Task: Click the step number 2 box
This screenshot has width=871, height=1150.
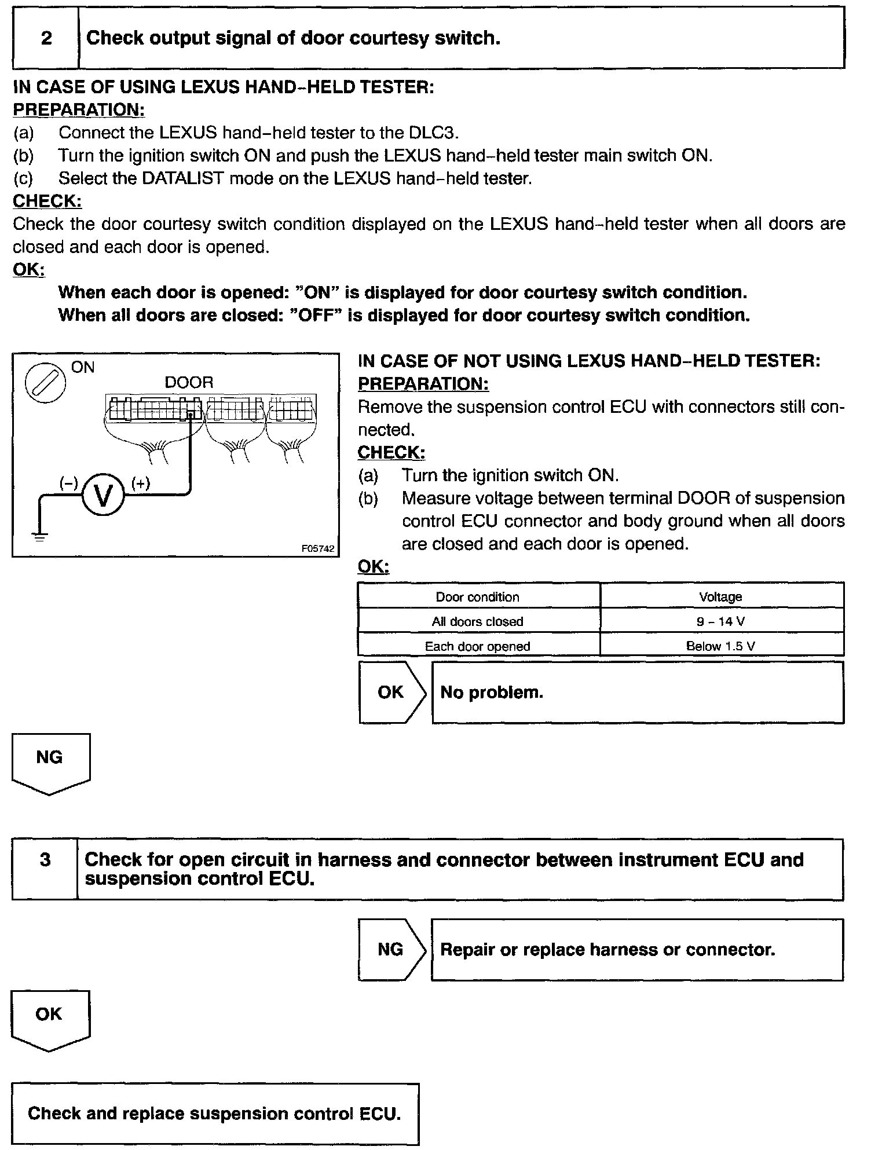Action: pos(46,38)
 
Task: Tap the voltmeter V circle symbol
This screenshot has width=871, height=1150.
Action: pos(103,496)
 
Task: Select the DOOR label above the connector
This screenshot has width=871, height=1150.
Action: pos(189,382)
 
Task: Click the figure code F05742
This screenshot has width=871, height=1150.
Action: pos(317,548)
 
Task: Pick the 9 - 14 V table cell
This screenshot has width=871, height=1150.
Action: pos(721,621)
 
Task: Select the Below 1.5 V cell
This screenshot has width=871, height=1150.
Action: pos(721,646)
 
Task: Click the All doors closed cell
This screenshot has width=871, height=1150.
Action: pos(478,621)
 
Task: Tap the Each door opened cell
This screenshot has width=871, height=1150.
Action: pos(478,646)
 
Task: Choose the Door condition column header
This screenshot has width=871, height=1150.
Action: pos(478,596)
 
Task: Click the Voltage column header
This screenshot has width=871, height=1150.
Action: pos(721,596)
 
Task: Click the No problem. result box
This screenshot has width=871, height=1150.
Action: pos(637,693)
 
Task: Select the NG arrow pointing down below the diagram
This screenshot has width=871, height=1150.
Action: pos(50,762)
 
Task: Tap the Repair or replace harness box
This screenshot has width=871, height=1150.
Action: pos(637,950)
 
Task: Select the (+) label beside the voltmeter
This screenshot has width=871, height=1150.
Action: pos(141,484)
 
